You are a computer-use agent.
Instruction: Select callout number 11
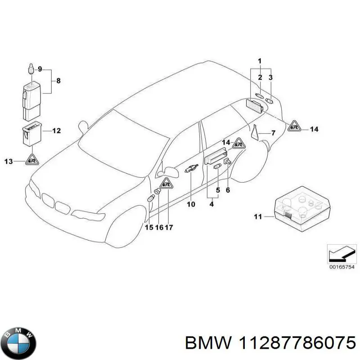257,217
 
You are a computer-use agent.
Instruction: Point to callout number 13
8,160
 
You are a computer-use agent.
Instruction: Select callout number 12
56,131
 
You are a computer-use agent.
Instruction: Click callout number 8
58,81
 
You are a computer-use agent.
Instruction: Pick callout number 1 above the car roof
260,61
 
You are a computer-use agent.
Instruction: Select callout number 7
273,133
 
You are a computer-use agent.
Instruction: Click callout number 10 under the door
191,204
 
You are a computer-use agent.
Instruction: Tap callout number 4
211,204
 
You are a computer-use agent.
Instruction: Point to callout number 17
168,227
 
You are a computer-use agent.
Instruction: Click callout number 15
148,227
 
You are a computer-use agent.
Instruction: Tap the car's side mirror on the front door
171,171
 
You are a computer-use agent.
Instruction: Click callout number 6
228,190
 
